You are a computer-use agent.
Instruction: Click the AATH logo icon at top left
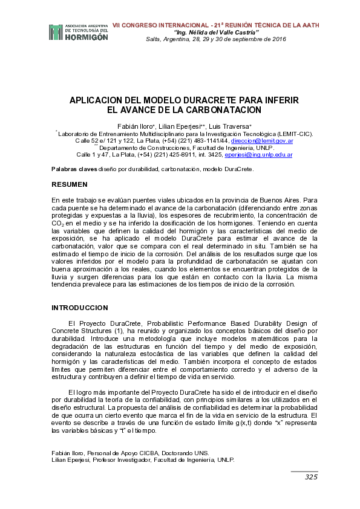pyautogui.click(x=56, y=32)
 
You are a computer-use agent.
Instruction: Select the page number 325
pyautogui.click(x=311, y=477)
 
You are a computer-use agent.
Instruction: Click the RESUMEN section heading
pyautogui.click(x=70, y=184)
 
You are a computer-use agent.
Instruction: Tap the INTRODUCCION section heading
pyautogui.click(x=80, y=308)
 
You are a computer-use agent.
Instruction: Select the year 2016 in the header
pyautogui.click(x=278, y=39)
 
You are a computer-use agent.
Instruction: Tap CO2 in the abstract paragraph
pyautogui.click(x=57, y=223)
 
